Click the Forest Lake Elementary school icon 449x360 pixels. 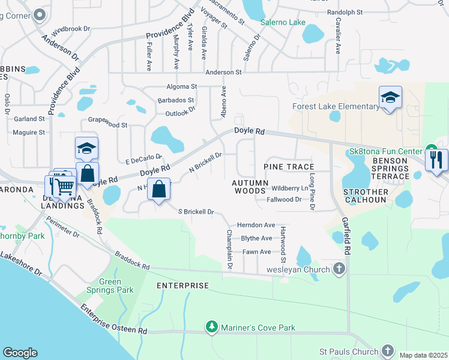[x=390, y=98]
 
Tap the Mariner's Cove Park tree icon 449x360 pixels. [x=211, y=328]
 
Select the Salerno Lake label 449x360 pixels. [x=283, y=23]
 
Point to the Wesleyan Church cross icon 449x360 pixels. [x=339, y=269]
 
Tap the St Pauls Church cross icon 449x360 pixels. [x=387, y=351]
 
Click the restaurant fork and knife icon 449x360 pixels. [x=436, y=160]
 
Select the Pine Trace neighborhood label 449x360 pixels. [x=289, y=166]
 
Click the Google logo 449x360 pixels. [x=20, y=353]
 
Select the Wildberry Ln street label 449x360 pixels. [x=290, y=188]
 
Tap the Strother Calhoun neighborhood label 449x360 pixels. [x=366, y=196]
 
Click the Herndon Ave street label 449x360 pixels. [x=256, y=224]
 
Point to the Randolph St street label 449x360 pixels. [x=345, y=12]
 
